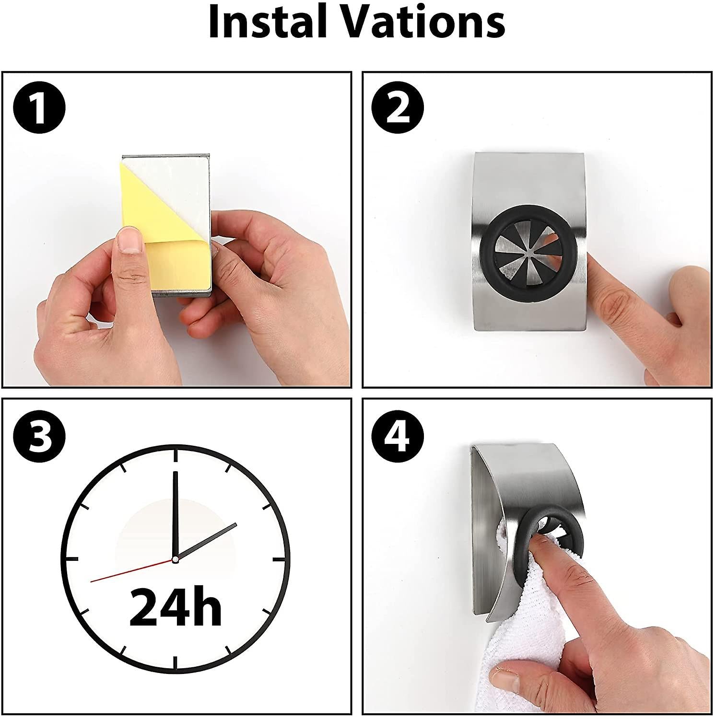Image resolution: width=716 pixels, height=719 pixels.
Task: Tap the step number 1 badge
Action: (x=39, y=108)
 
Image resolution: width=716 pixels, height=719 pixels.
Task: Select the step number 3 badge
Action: (x=39, y=436)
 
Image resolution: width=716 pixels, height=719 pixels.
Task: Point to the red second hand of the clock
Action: (x=131, y=570)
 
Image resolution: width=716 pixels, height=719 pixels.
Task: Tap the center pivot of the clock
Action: (x=175, y=559)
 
